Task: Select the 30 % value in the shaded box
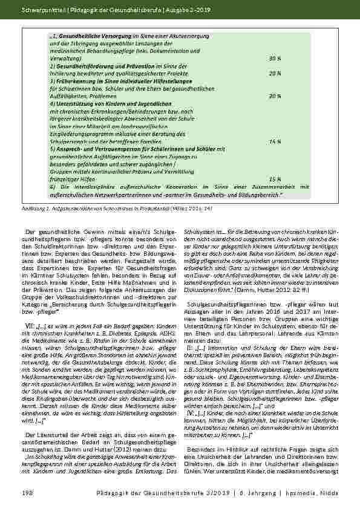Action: (274, 59)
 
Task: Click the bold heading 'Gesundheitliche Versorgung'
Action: (87, 37)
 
